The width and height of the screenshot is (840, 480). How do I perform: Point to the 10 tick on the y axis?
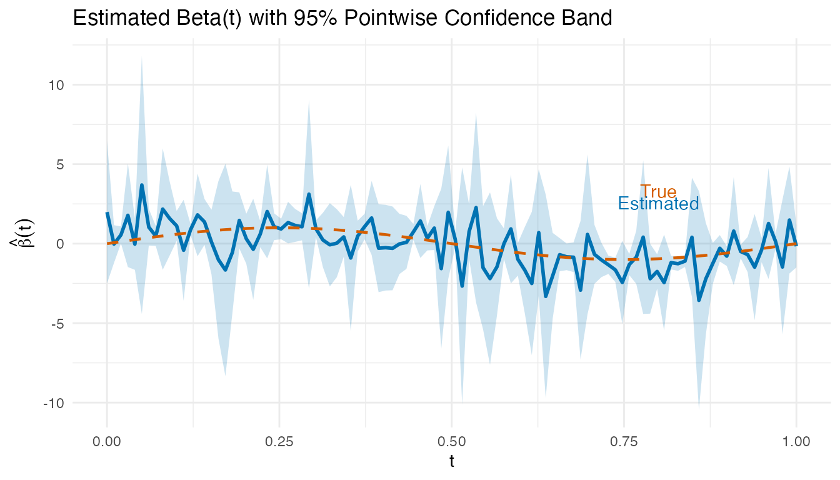(x=55, y=85)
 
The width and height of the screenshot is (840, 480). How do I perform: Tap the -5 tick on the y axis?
(x=57, y=323)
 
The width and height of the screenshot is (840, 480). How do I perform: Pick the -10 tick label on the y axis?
(x=53, y=402)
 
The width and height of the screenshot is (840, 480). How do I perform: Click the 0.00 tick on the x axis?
(x=107, y=441)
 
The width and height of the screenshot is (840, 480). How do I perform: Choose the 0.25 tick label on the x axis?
(x=279, y=441)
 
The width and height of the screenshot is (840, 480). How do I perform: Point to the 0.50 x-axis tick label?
(x=451, y=441)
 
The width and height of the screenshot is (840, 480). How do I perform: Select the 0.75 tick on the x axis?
(x=624, y=441)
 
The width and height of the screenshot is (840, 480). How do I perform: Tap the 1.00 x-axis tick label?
(x=796, y=441)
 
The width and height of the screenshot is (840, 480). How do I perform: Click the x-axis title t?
(x=451, y=462)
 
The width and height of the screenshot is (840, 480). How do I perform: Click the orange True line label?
(x=658, y=192)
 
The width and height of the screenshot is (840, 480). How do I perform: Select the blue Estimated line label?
(x=658, y=204)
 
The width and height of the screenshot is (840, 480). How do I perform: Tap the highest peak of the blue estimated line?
(x=142, y=185)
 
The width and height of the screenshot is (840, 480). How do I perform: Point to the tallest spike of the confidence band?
(x=142, y=58)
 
